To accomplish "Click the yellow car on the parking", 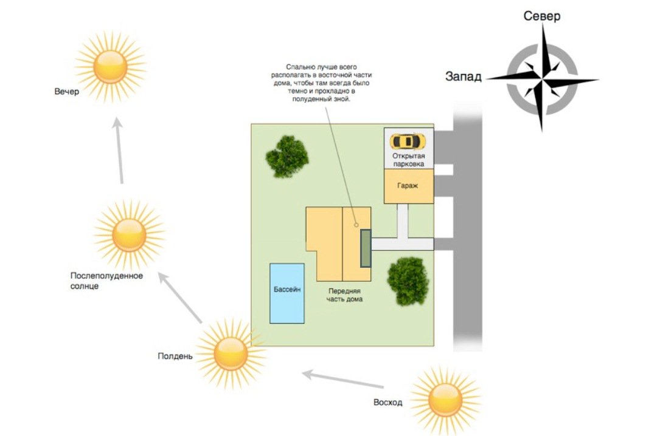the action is (408, 141).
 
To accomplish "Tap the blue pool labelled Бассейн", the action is (287, 293).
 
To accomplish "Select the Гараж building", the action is (408, 186).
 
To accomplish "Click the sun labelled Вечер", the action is (110, 66).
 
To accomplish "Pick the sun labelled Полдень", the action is (231, 354).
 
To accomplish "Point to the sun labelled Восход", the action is (445, 400).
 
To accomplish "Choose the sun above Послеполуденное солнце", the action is (129, 235).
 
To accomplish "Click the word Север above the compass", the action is (541, 16).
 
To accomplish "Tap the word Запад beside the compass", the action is (463, 76).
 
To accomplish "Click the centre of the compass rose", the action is (542, 78).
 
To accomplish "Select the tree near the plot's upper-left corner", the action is (287, 156).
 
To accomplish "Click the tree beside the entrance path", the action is (408, 281).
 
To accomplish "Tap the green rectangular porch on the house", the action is (366, 248).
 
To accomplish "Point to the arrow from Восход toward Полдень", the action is (343, 380).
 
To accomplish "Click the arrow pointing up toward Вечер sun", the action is (119, 150).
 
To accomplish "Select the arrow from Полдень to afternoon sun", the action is (180, 297).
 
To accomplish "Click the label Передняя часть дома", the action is (344, 295).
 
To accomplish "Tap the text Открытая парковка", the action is (408, 160).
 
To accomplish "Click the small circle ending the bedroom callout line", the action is (356, 225).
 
